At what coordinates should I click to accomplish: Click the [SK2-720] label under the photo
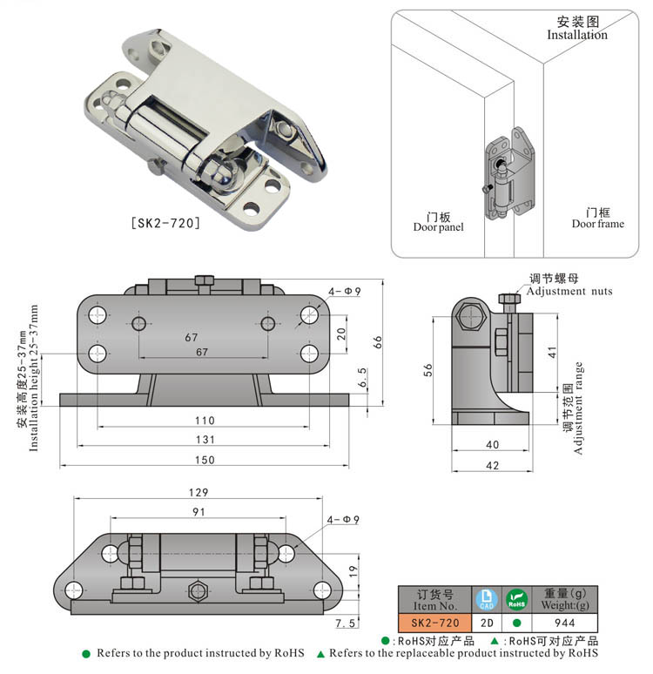165,224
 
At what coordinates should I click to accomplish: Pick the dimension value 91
199,512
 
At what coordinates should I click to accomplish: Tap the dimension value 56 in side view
427,370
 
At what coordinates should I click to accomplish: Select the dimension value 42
492,466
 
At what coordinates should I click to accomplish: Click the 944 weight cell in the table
566,623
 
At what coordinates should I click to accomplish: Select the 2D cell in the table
486,623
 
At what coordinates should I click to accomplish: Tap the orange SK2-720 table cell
434,623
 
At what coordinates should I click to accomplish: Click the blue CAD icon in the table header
486,599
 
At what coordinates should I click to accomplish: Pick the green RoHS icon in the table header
517,599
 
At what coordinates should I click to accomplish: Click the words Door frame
597,224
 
